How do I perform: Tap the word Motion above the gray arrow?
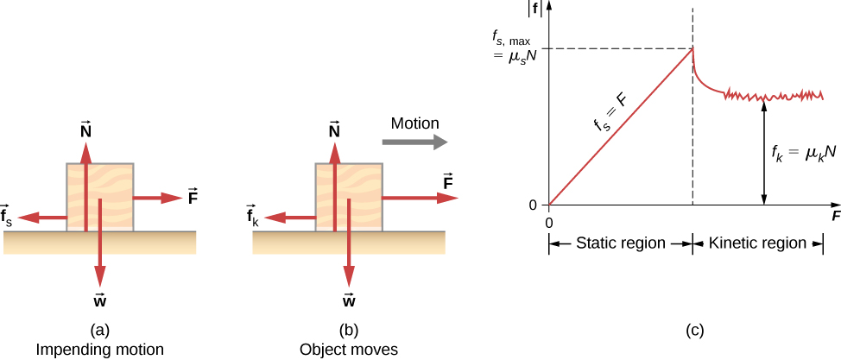click(415, 123)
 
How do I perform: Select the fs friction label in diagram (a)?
click(8, 215)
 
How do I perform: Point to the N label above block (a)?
click(85, 130)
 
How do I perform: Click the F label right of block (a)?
click(192, 196)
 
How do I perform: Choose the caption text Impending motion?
click(100, 349)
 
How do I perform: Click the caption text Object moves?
click(349, 349)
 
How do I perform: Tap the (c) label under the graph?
click(695, 329)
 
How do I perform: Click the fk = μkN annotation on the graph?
click(799, 154)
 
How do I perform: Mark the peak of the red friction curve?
click(693, 48)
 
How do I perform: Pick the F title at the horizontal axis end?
click(837, 210)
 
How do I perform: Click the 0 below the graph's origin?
click(549, 221)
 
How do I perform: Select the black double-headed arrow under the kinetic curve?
click(763, 151)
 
